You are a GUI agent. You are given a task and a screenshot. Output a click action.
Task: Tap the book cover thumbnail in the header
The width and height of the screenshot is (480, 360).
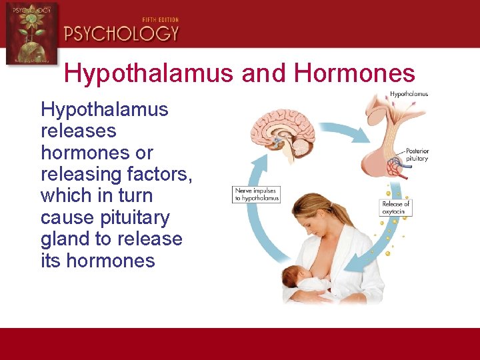tap(31, 33)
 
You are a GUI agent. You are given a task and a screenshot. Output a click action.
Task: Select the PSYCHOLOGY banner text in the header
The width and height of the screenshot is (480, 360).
tap(121, 33)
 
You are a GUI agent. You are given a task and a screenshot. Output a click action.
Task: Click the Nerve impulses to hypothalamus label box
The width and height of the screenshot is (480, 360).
tap(256, 195)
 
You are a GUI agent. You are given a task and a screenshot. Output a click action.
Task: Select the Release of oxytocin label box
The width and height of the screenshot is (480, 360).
tap(396, 207)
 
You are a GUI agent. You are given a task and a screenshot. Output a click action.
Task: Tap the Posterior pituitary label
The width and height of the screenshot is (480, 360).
tap(417, 155)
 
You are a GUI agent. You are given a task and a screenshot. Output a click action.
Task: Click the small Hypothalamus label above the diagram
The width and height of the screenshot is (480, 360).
tap(409, 94)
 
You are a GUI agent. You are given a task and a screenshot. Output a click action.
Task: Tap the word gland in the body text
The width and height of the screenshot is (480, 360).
tap(69, 239)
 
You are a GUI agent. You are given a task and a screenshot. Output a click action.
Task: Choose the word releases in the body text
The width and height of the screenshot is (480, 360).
tap(78, 131)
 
